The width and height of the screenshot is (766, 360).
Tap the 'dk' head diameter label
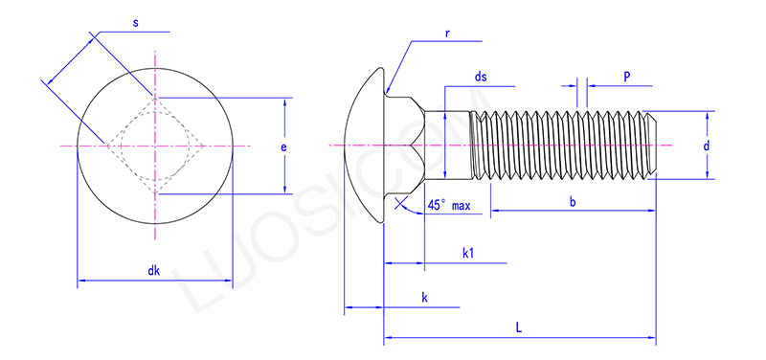[x=153, y=271]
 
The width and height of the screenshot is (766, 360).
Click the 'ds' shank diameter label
[x=481, y=78]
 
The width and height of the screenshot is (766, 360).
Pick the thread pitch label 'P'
[x=626, y=75]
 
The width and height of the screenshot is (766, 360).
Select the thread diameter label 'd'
[x=706, y=146]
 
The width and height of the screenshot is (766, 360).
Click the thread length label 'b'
[x=573, y=202]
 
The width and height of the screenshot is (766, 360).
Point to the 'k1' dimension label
[x=469, y=253]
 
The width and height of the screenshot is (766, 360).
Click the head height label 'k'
[x=424, y=299]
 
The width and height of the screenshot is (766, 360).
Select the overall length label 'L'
[x=518, y=327]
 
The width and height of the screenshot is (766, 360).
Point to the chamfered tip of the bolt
[x=653, y=145]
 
